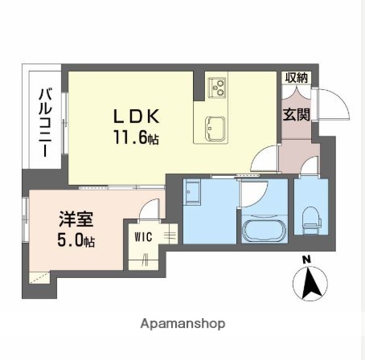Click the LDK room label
click(x=136, y=116)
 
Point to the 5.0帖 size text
click(x=76, y=240)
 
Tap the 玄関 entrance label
click(x=296, y=115)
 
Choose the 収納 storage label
click(x=296, y=78)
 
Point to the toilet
click(x=310, y=217)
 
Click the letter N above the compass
click(x=306, y=259)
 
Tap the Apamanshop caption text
click(x=182, y=323)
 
